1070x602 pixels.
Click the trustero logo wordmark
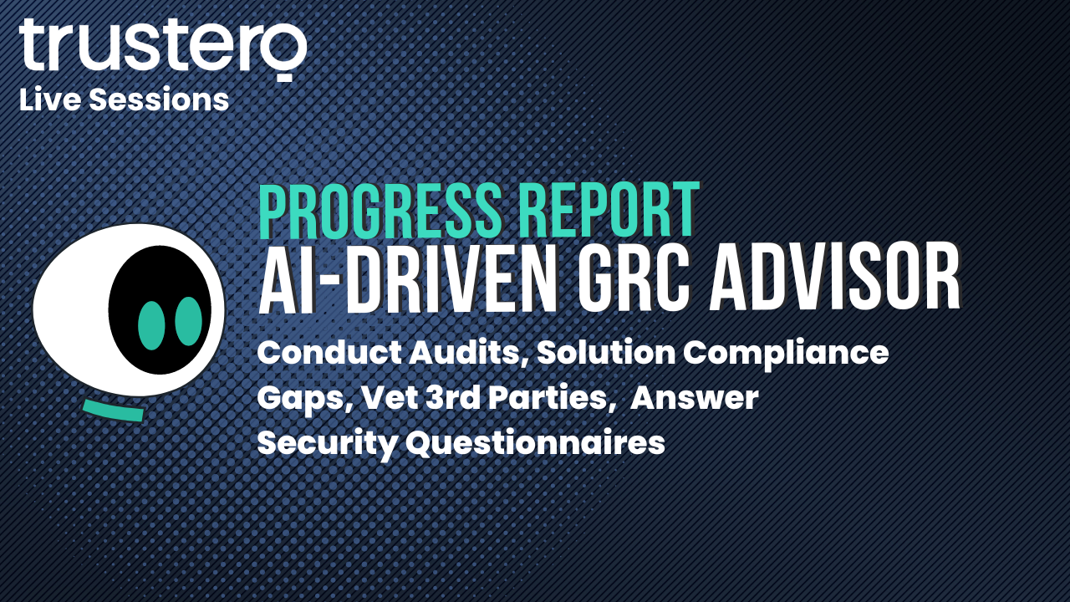pyautogui.click(x=162, y=48)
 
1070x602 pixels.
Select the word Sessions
pyautogui.click(x=159, y=99)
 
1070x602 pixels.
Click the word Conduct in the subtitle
pyautogui.click(x=329, y=353)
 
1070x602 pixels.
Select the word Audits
pyautogui.click(x=469, y=354)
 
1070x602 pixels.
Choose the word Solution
pyautogui.click(x=606, y=353)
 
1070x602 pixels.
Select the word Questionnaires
pyautogui.click(x=535, y=443)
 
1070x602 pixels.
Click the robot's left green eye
pyautogui.click(x=151, y=325)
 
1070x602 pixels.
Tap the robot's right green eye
pyautogui.click(x=189, y=321)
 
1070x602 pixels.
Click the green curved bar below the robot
pyautogui.click(x=113, y=411)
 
